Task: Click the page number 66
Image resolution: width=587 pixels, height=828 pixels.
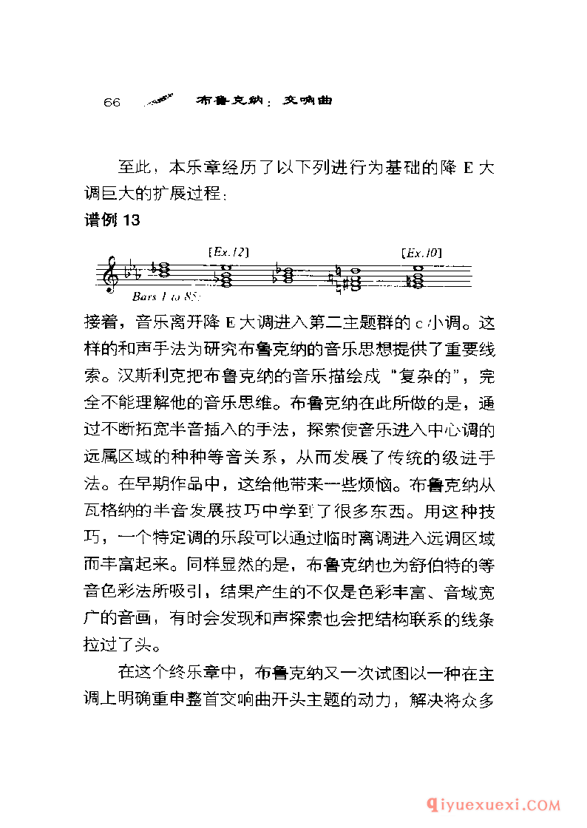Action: click(x=112, y=102)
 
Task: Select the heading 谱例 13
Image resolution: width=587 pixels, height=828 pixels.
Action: click(x=112, y=220)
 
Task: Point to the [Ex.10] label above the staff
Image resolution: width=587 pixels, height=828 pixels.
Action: click(x=420, y=253)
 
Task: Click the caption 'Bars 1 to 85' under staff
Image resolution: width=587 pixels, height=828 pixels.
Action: click(x=167, y=297)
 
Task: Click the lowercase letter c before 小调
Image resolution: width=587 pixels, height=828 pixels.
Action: click(x=417, y=323)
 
